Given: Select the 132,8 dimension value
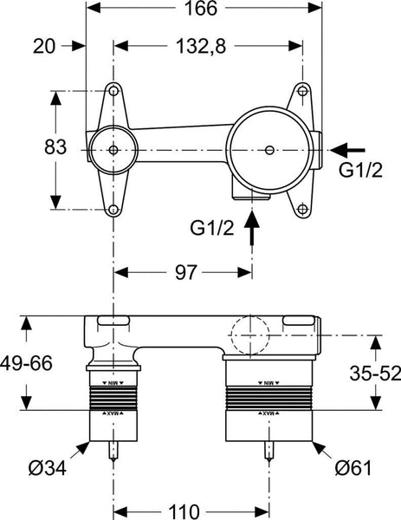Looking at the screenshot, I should (209, 45).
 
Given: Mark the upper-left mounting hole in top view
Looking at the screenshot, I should (113, 89).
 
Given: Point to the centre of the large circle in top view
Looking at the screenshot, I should (271, 150).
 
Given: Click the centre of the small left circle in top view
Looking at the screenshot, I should (113, 149).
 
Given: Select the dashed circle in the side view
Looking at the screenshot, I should (252, 331).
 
